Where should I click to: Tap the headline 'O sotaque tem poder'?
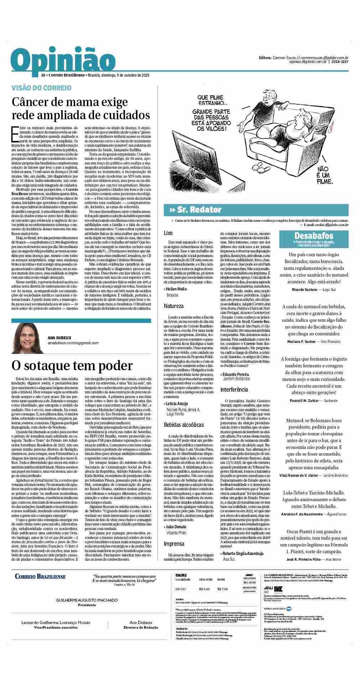[x=72, y=365]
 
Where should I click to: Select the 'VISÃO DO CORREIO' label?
[x=41, y=88]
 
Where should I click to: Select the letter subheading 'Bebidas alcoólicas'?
[x=184, y=425]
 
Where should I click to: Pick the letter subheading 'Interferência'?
[x=234, y=390]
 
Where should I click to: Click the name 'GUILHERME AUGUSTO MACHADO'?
[x=87, y=610]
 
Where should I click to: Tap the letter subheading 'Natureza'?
[x=174, y=306]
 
